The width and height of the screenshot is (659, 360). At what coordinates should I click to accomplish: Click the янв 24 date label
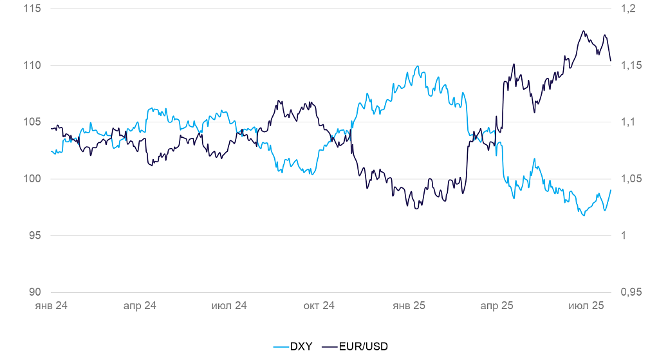coord(51,306)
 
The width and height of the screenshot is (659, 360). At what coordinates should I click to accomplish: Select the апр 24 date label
coord(140,306)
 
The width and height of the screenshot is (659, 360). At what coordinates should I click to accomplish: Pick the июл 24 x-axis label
coord(229,306)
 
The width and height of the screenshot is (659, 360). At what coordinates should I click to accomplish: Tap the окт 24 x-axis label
coord(319,306)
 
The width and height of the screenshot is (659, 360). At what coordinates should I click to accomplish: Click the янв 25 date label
coord(409,306)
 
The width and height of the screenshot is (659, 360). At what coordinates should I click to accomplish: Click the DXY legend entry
coord(293,346)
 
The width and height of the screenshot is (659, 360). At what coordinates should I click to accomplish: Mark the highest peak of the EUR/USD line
coord(583,30)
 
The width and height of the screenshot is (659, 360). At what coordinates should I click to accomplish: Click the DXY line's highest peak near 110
coord(418,66)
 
